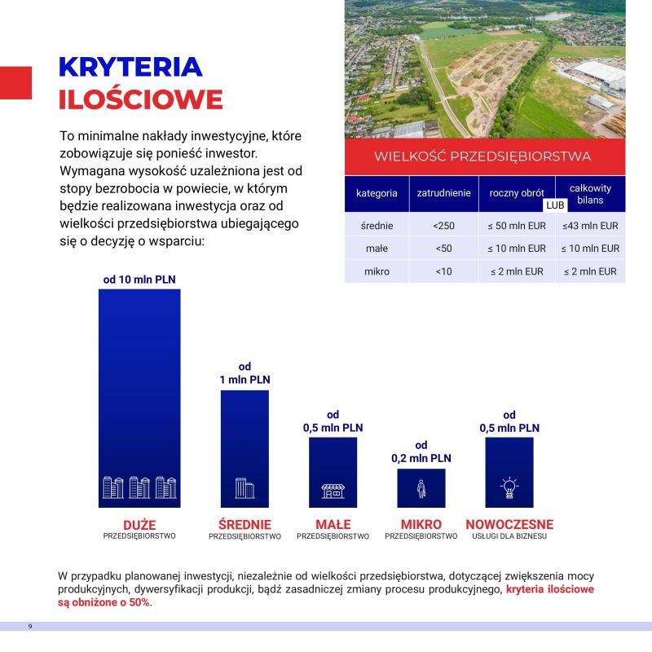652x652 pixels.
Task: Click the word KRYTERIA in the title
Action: pyautogui.click(x=130, y=67)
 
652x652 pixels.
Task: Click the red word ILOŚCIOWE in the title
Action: pyautogui.click(x=140, y=99)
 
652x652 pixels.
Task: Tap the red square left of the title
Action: pyautogui.click(x=15, y=83)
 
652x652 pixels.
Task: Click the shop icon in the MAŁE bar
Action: pyautogui.click(x=333, y=491)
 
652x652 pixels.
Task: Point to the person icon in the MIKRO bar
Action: pyautogui.click(x=421, y=489)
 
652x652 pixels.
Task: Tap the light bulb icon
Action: pyautogui.click(x=509, y=488)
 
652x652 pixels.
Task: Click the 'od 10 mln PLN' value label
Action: pyautogui.click(x=139, y=280)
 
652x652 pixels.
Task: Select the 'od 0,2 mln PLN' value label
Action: pyautogui.click(x=421, y=452)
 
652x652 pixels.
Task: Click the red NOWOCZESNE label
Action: pyautogui.click(x=509, y=525)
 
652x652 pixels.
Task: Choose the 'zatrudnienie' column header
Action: pyautogui.click(x=444, y=193)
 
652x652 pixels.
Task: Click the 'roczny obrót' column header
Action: pyautogui.click(x=517, y=193)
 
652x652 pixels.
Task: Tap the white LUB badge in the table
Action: pyautogui.click(x=555, y=205)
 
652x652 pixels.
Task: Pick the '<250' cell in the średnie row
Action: pyautogui.click(x=444, y=226)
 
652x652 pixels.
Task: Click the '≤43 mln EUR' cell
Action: pyautogui.click(x=590, y=226)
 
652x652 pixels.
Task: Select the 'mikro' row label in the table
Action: pyautogui.click(x=377, y=271)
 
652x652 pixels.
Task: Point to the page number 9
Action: pyautogui.click(x=30, y=626)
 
